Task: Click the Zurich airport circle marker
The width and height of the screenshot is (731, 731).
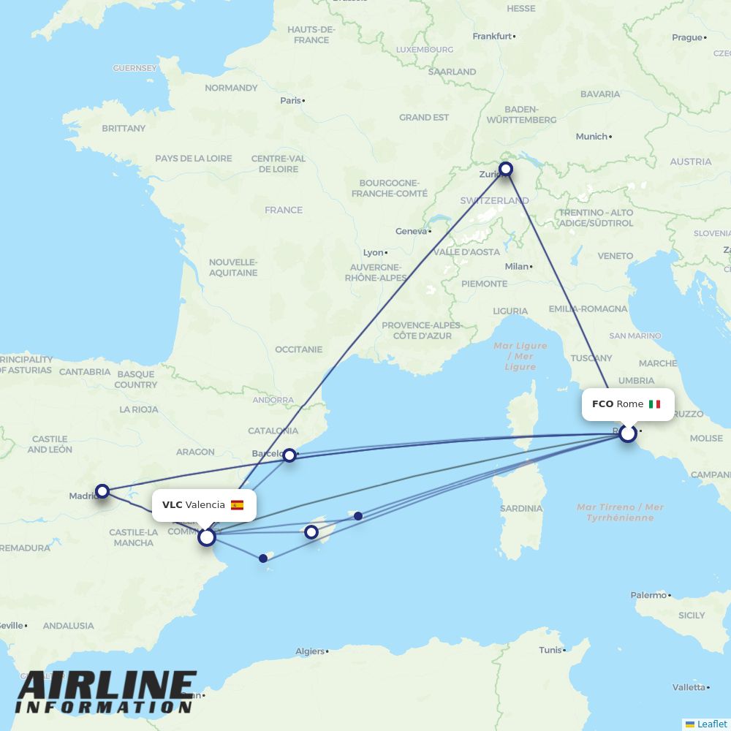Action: pyautogui.click(x=505, y=170)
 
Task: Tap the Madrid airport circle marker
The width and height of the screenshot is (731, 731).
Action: pyautogui.click(x=102, y=491)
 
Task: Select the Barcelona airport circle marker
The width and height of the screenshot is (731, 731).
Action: pyautogui.click(x=289, y=455)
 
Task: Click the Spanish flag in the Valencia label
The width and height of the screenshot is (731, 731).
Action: pyautogui.click(x=237, y=505)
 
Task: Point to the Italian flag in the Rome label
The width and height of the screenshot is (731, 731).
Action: pyautogui.click(x=654, y=404)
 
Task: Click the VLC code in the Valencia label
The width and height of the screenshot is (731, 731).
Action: pyautogui.click(x=173, y=505)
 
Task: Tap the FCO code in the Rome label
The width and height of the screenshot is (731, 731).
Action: pyautogui.click(x=602, y=404)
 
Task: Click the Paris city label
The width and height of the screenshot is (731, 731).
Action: pyautogui.click(x=290, y=100)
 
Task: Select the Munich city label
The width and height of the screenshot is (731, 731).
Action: pyautogui.click(x=591, y=137)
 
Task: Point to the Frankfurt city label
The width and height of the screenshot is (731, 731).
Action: pyautogui.click(x=492, y=36)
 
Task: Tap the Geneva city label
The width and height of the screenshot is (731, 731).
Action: pyautogui.click(x=411, y=231)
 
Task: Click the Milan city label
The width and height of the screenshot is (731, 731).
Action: pyautogui.click(x=516, y=266)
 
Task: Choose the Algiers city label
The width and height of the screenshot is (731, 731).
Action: pyautogui.click(x=310, y=651)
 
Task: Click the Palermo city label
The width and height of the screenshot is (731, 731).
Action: pyautogui.click(x=648, y=595)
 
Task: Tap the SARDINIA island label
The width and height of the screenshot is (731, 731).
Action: pyautogui.click(x=521, y=508)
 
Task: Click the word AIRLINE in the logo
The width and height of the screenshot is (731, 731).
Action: pyautogui.click(x=106, y=686)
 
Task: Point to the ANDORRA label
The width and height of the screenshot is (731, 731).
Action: pyautogui.click(x=273, y=401)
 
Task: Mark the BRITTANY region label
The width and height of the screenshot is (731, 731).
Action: pyautogui.click(x=124, y=128)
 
